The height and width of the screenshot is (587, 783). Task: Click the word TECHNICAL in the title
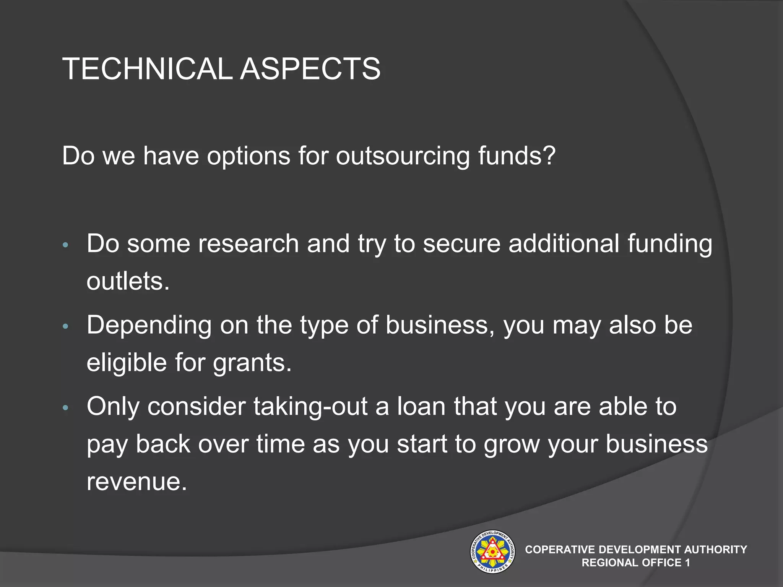coord(147,69)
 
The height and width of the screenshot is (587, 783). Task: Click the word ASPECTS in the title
coord(310,69)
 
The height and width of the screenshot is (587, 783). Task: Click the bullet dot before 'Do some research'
coord(65,245)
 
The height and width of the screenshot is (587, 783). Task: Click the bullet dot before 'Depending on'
coord(65,326)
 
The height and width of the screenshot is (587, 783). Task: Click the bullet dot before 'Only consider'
coord(65,408)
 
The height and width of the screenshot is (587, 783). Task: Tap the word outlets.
coord(128,281)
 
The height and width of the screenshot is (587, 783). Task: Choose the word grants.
coord(252,363)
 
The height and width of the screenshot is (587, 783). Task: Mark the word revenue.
coord(136,482)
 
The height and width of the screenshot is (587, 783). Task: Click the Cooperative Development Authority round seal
coord(492,551)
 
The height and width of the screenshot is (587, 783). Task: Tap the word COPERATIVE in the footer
coord(560,550)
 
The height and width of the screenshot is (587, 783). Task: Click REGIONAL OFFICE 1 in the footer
coord(636,563)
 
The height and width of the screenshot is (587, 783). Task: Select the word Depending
coord(149,326)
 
